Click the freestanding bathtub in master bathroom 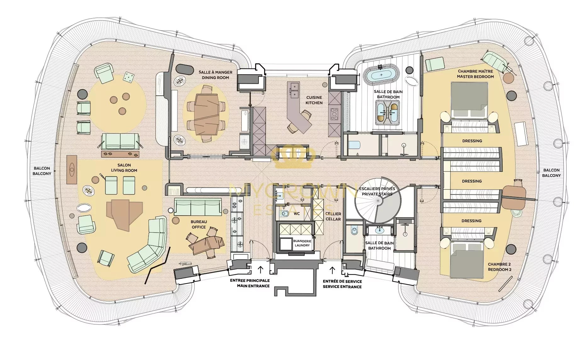381,75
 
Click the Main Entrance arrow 260,270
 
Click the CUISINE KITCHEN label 314,100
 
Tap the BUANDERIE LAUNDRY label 302,243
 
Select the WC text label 296,214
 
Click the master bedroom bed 469,100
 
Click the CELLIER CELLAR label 333,217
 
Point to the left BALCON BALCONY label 42,171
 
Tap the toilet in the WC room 285,214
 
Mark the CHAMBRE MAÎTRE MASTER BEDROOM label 475,74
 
